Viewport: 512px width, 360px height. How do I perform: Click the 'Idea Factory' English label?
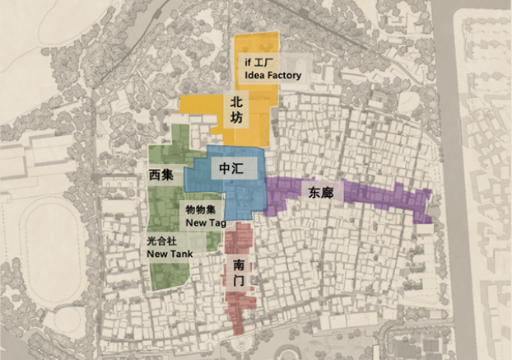tap(273, 75)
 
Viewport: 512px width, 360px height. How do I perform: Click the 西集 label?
tap(161, 175)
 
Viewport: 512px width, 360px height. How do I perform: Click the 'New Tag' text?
tap(206, 222)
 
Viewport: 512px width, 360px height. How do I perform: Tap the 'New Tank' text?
tap(170, 254)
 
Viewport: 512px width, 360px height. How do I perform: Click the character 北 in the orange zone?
tap(236, 102)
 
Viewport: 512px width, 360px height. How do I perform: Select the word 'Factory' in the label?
tap(284, 75)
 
